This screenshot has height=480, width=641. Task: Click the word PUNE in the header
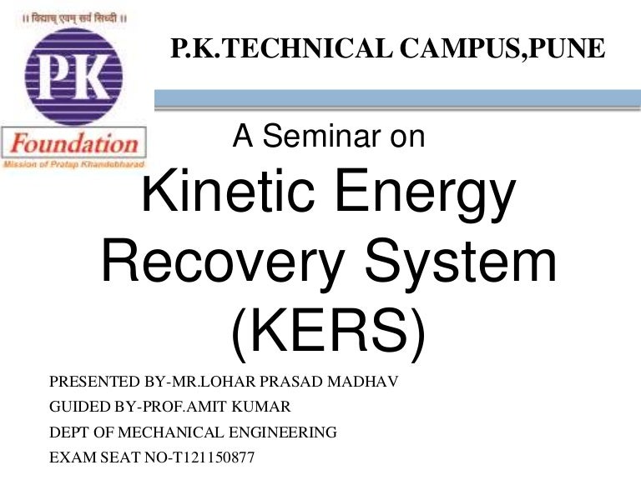pos(577,48)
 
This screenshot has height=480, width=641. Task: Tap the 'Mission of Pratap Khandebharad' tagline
pos(74,165)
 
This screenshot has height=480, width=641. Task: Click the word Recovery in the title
pos(222,263)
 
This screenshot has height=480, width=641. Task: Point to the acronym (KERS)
pos(327,332)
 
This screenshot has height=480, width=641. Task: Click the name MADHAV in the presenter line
pos(367,382)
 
